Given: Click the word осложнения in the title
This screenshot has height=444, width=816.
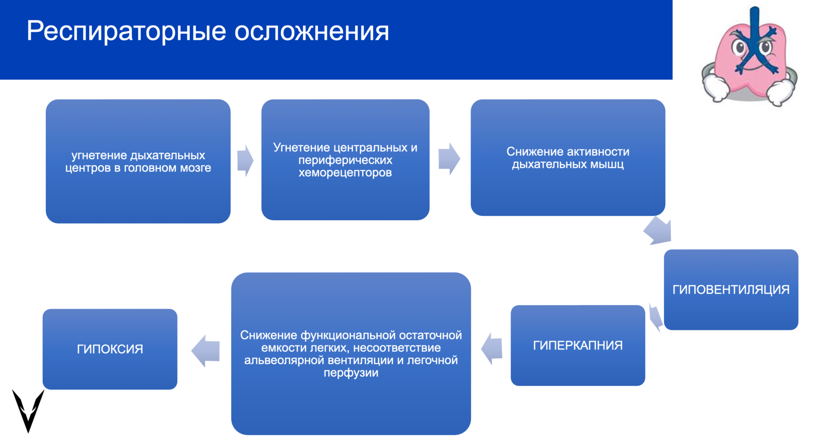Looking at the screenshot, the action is tap(311, 32).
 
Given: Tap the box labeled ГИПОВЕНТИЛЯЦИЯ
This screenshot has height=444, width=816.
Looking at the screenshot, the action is tap(731, 290).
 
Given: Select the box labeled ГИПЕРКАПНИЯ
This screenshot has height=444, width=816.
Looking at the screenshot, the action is tap(578, 345).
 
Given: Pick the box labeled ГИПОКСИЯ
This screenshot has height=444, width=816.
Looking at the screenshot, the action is tap(110, 349).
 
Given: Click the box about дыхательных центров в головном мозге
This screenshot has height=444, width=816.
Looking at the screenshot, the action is tap(138, 161).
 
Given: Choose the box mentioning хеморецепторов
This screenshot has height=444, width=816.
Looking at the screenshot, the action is tap(345, 160).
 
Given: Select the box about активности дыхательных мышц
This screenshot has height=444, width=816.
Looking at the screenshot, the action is tap(568, 158).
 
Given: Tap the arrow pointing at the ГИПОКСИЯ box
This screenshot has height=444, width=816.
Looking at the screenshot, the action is tap(205, 351).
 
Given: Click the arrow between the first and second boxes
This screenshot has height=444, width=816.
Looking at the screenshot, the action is tap(245, 161).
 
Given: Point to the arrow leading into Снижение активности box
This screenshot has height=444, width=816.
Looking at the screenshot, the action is tap(449, 159).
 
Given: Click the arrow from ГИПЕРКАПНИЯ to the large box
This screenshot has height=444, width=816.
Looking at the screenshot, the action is tap(492, 348).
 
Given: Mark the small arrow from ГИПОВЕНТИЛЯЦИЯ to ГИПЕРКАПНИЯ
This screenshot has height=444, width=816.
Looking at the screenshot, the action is tap(655, 317).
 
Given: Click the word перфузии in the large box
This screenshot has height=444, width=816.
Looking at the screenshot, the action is tap(351, 373).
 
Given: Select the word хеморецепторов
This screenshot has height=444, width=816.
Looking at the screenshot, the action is tap(345, 173).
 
